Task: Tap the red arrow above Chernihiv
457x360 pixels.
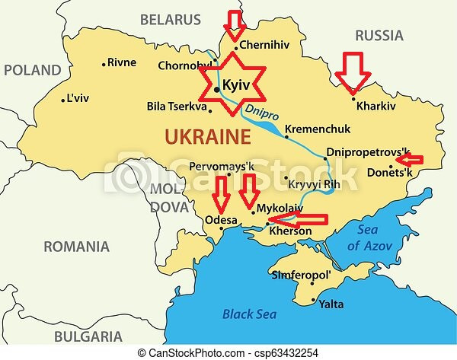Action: click(235, 24)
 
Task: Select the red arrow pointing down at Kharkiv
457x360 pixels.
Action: click(353, 72)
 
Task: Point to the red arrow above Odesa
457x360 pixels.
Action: click(221, 194)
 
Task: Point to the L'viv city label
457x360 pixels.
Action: click(78, 99)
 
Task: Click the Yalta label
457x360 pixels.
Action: click(330, 304)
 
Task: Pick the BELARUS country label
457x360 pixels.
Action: click(171, 19)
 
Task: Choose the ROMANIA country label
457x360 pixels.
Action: click(76, 247)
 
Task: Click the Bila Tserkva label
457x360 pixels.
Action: click(177, 107)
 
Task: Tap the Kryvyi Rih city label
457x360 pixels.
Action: click(316, 182)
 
